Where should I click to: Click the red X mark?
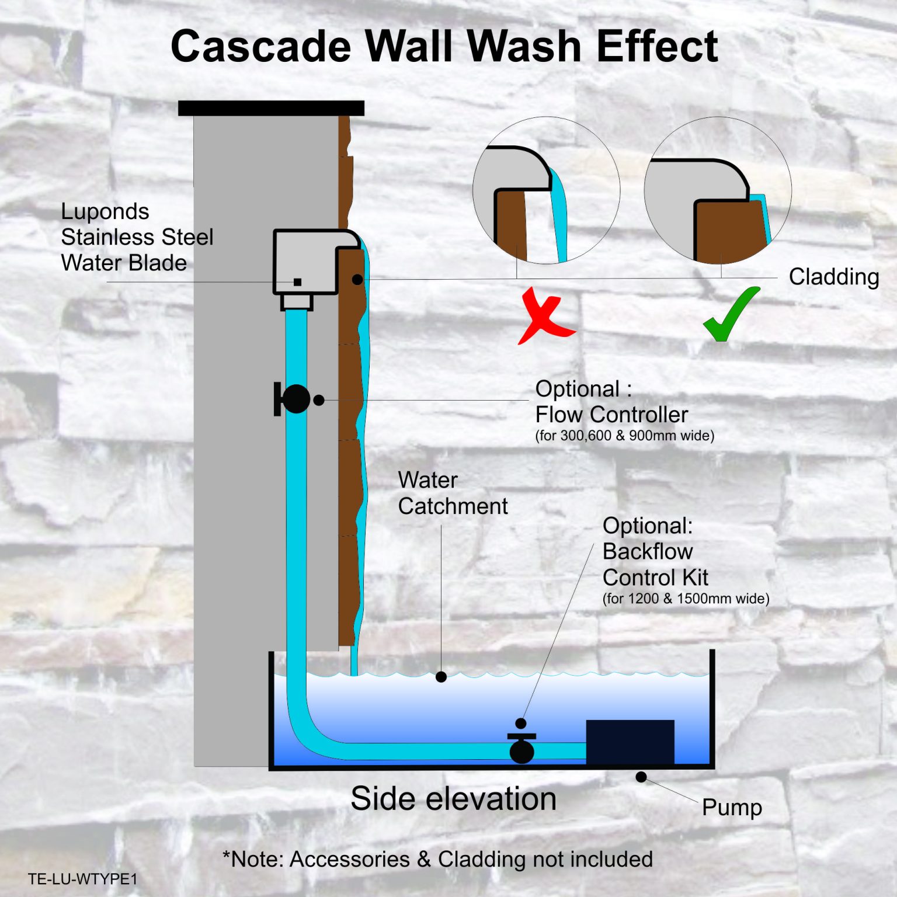pyautogui.click(x=545, y=316)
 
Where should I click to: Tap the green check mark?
pyautogui.click(x=730, y=315)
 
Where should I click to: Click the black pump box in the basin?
pyautogui.click(x=630, y=742)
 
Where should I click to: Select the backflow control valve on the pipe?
pyautogui.click(x=521, y=747)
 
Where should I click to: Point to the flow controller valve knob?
pyautogui.click(x=295, y=399)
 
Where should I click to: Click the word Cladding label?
pyautogui.click(x=833, y=277)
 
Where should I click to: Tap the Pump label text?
pyautogui.click(x=732, y=808)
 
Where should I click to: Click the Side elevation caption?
pyautogui.click(x=453, y=798)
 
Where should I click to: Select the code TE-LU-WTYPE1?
pyautogui.click(x=82, y=879)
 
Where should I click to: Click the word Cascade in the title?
pyautogui.click(x=260, y=47)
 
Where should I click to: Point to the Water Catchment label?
pyautogui.click(x=453, y=493)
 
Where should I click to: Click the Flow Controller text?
pyautogui.click(x=611, y=415)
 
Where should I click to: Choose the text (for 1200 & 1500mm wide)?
pyautogui.click(x=686, y=599)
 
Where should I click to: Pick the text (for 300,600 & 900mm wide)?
pyautogui.click(x=624, y=436)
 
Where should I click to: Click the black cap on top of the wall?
pyautogui.click(x=271, y=108)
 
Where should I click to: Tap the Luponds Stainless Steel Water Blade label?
pyautogui.click(x=137, y=237)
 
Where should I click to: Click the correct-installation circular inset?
pyautogui.click(x=718, y=190)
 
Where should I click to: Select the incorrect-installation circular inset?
pyautogui.click(x=546, y=190)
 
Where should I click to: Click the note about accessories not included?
pyautogui.click(x=437, y=860)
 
